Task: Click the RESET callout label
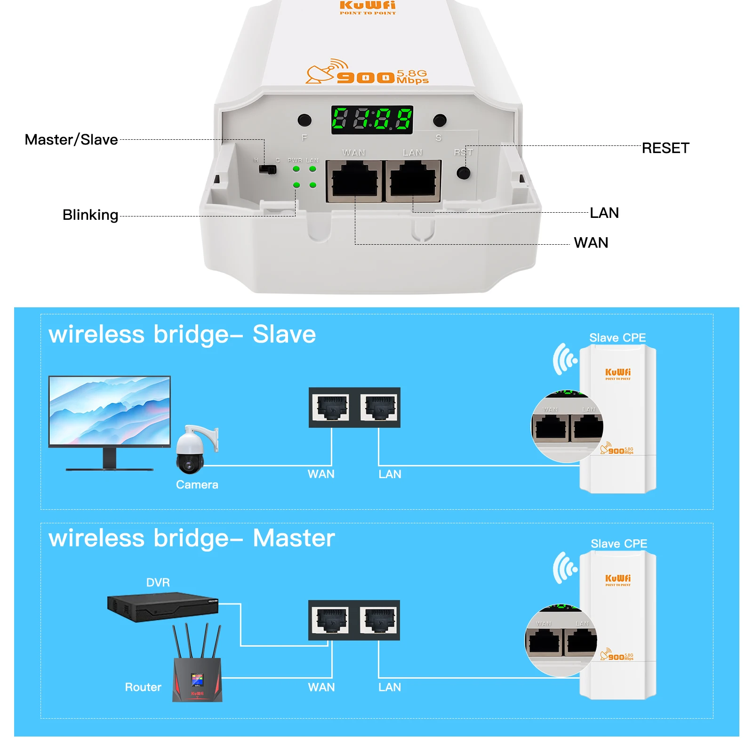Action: tap(665, 148)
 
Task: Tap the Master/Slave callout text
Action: tap(71, 140)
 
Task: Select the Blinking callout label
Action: tap(90, 215)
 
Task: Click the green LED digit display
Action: tap(372, 120)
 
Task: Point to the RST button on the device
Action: tap(463, 173)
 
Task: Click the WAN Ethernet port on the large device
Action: tap(354, 181)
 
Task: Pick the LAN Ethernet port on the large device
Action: tap(413, 181)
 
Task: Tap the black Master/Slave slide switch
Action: tap(268, 169)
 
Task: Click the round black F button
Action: tap(304, 120)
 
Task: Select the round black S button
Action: tap(440, 120)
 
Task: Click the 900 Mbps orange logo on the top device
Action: tap(368, 74)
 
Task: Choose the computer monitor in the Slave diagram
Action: tap(110, 414)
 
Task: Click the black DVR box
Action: tap(163, 607)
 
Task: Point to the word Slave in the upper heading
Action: tap(284, 334)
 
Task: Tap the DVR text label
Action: tap(158, 583)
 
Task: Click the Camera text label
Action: tap(197, 485)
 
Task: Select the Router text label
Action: tap(143, 687)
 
